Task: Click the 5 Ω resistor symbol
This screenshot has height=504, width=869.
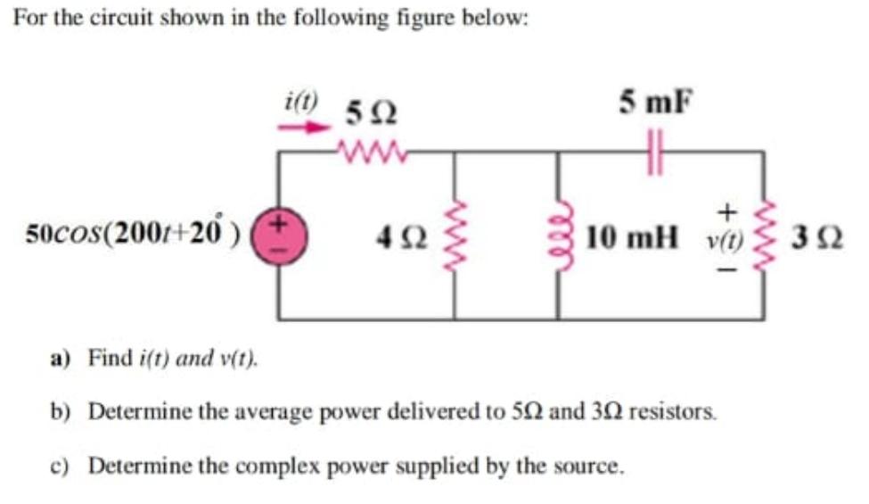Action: [x=373, y=150]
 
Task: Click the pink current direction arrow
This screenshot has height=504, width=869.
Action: [x=304, y=128]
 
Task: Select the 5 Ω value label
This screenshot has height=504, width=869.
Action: [x=371, y=114]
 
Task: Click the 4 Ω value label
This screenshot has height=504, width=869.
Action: [x=402, y=238]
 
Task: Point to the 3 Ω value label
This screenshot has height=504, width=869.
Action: [x=817, y=238]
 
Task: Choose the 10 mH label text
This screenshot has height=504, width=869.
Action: [x=632, y=238]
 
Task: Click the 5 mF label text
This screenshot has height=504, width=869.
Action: [x=656, y=102]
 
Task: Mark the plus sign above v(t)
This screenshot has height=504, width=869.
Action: [x=727, y=211]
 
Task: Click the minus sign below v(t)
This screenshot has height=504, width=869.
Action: [x=727, y=270]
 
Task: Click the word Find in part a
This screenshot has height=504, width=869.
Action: [x=111, y=358]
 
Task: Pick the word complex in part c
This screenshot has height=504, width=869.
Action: [x=279, y=467]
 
